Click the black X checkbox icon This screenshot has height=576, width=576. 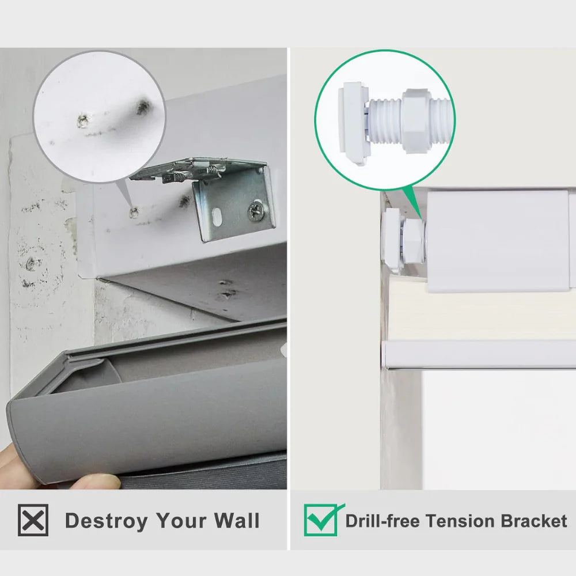33,520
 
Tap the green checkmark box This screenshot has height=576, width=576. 320,520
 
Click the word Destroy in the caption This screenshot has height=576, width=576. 106,521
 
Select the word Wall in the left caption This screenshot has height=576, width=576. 237,520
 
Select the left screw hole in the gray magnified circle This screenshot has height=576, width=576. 84,120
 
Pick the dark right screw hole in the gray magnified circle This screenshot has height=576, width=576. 143,107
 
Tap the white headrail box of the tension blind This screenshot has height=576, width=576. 498,241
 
